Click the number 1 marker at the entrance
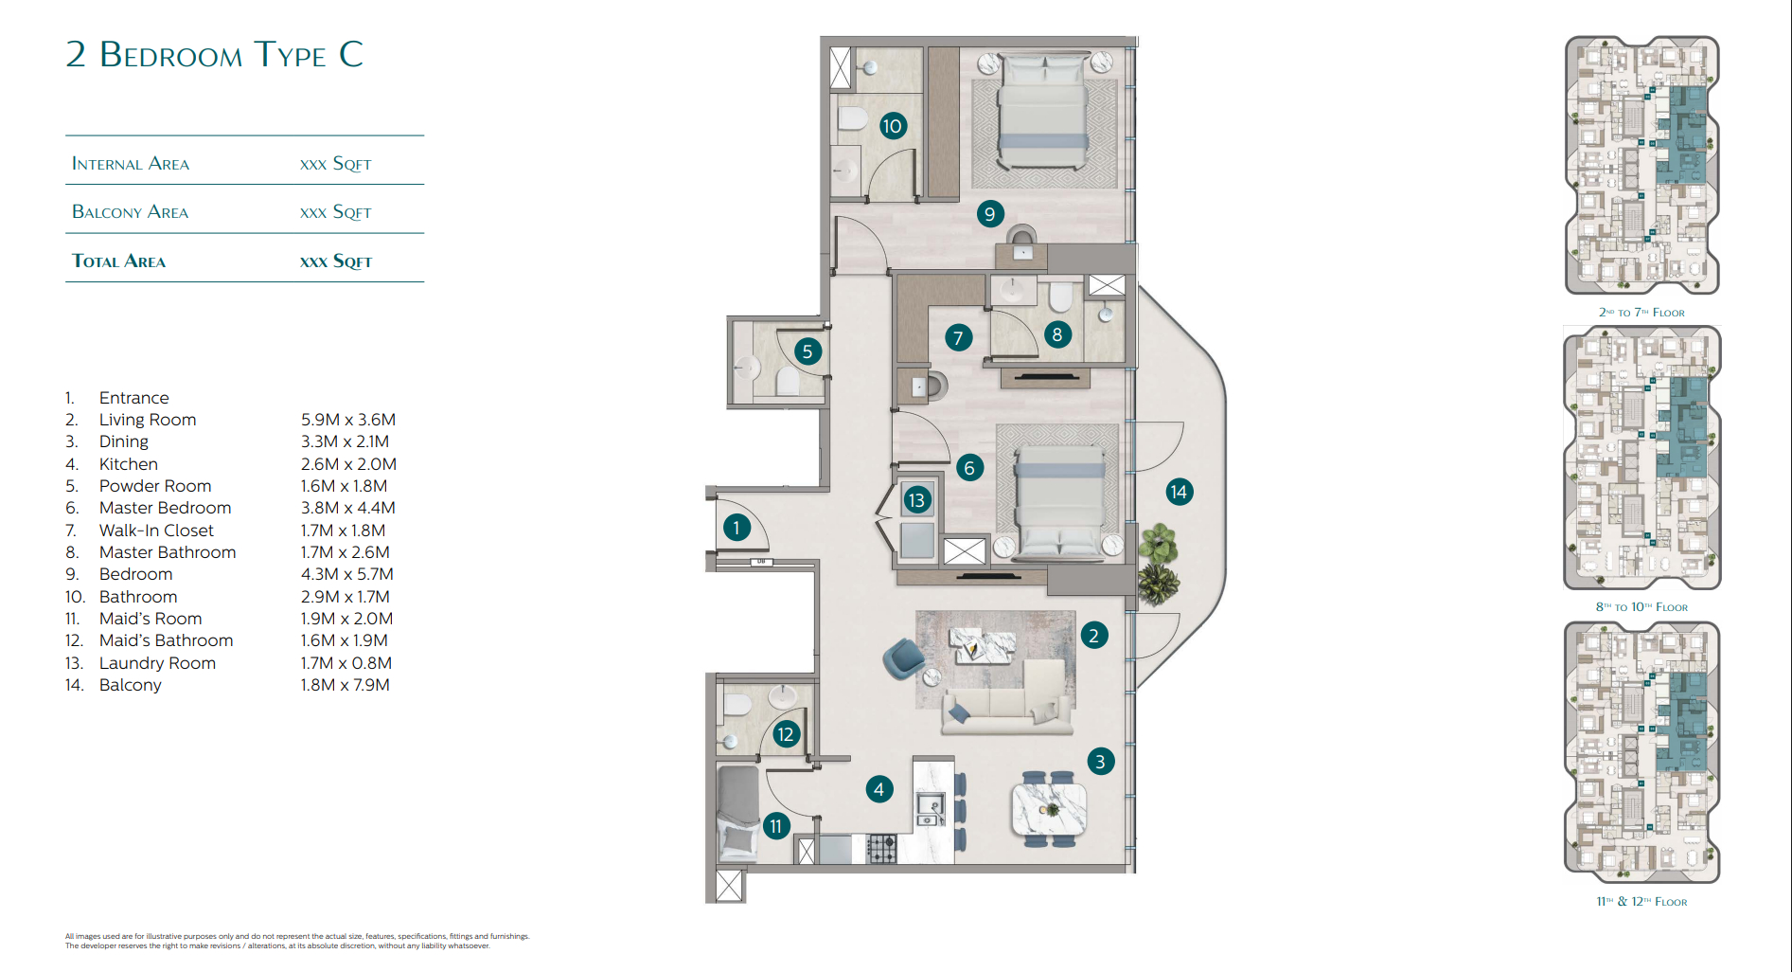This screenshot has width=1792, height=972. tap(736, 528)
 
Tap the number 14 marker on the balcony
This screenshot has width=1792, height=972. tap(1179, 492)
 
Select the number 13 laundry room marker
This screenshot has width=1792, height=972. tap(916, 500)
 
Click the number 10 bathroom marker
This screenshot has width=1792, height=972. tap(892, 126)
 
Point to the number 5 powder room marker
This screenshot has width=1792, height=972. tap(807, 351)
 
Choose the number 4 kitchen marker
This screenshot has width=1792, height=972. tap(878, 789)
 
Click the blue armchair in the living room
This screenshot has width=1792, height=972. tap(903, 658)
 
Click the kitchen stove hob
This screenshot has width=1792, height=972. tap(882, 848)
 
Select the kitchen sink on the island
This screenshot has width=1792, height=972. tap(931, 807)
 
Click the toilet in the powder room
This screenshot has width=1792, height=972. tap(788, 381)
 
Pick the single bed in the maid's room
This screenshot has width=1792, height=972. tap(738, 812)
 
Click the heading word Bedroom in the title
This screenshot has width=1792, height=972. tap(171, 55)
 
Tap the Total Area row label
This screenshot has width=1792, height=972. tap(119, 261)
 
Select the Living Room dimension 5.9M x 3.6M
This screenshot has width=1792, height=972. tap(348, 420)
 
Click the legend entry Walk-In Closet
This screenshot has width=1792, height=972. tap(156, 531)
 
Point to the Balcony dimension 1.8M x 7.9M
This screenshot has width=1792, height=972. tap(346, 685)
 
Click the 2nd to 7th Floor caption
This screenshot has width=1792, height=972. tap(1641, 313)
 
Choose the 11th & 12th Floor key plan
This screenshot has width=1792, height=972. tap(1642, 753)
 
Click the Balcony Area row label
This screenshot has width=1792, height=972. tap(131, 212)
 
